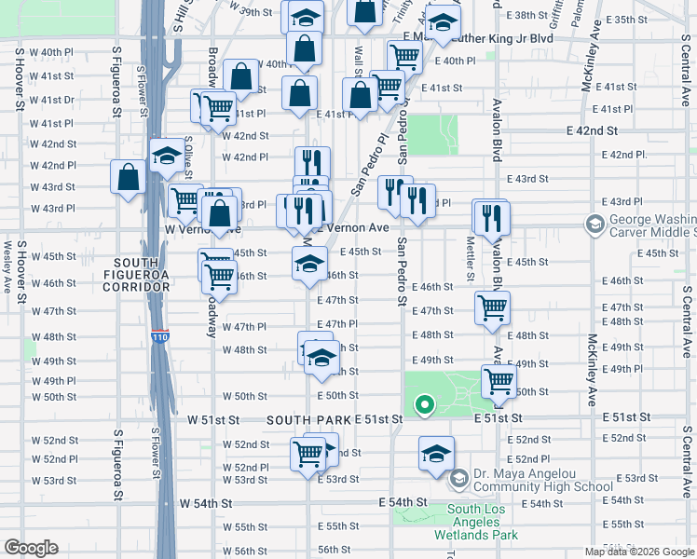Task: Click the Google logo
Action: pyautogui.click(x=32, y=548)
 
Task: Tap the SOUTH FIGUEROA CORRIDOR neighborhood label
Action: pyautogui.click(x=143, y=275)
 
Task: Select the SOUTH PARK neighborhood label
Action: pyautogui.click(x=308, y=420)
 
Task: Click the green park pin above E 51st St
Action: pyautogui.click(x=424, y=404)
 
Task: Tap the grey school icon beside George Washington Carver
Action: pyautogui.click(x=594, y=224)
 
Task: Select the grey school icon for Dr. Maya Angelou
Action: pyautogui.click(x=458, y=479)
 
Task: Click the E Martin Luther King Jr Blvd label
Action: pyautogui.click(x=478, y=38)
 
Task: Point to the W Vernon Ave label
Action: pyautogui.click(x=203, y=229)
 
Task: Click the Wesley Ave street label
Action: pyautogui.click(x=8, y=266)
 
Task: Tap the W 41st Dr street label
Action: pyautogui.click(x=52, y=100)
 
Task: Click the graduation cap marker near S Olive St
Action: pyautogui.click(x=167, y=156)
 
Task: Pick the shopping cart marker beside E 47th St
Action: pyautogui.click(x=491, y=307)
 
